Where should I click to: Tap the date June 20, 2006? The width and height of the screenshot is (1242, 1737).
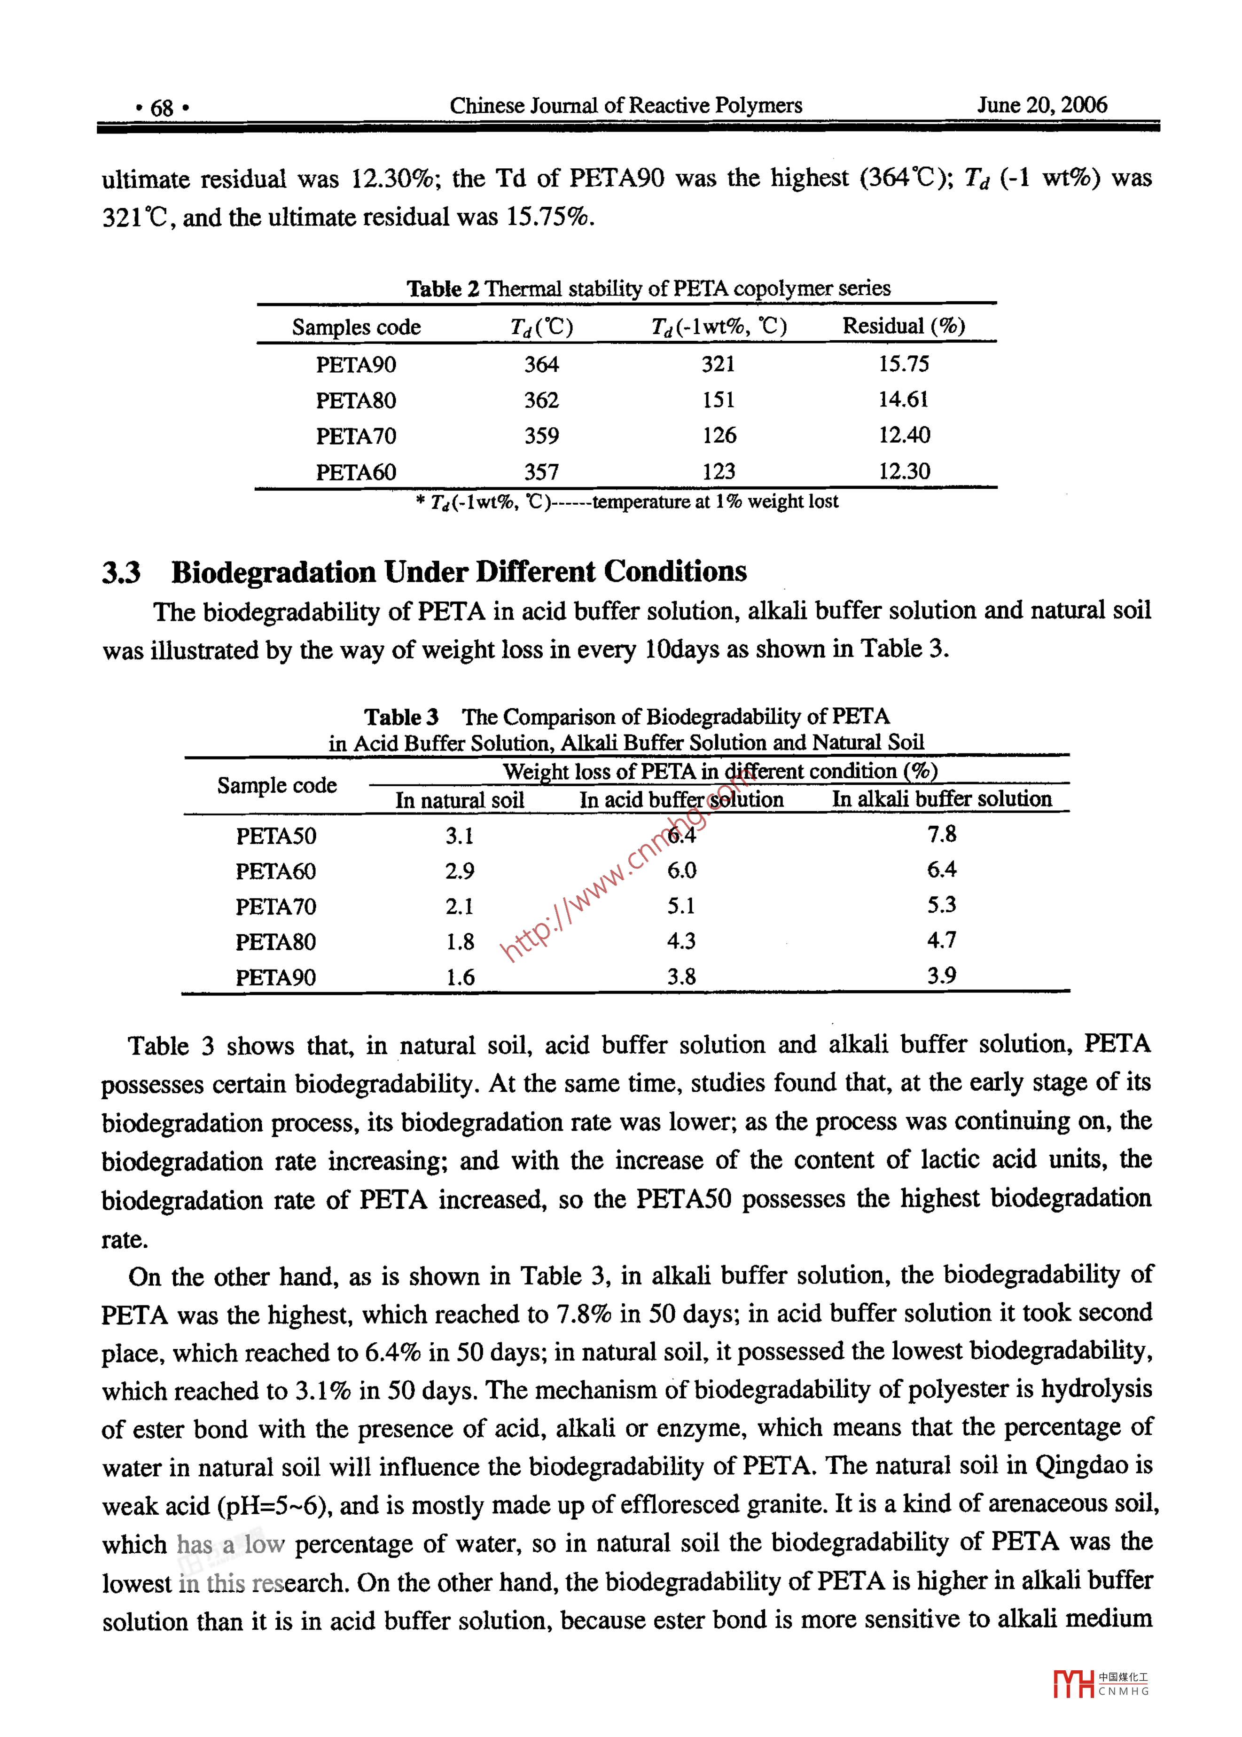coord(1042,105)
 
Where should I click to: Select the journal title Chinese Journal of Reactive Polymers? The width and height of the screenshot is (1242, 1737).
coord(625,106)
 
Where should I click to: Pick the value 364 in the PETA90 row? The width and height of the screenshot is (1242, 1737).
coord(541,364)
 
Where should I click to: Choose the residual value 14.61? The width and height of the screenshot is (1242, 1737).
coord(903,399)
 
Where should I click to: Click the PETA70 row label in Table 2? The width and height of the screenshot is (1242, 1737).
coord(356,436)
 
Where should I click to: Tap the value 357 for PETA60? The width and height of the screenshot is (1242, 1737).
coord(541,472)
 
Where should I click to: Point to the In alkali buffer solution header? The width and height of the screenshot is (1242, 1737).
coord(941,799)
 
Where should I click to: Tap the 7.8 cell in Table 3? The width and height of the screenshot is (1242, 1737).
coord(941,835)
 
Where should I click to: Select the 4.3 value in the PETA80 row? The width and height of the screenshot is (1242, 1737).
coord(680,941)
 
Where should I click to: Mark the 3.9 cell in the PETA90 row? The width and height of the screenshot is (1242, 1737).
coord(941,976)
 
